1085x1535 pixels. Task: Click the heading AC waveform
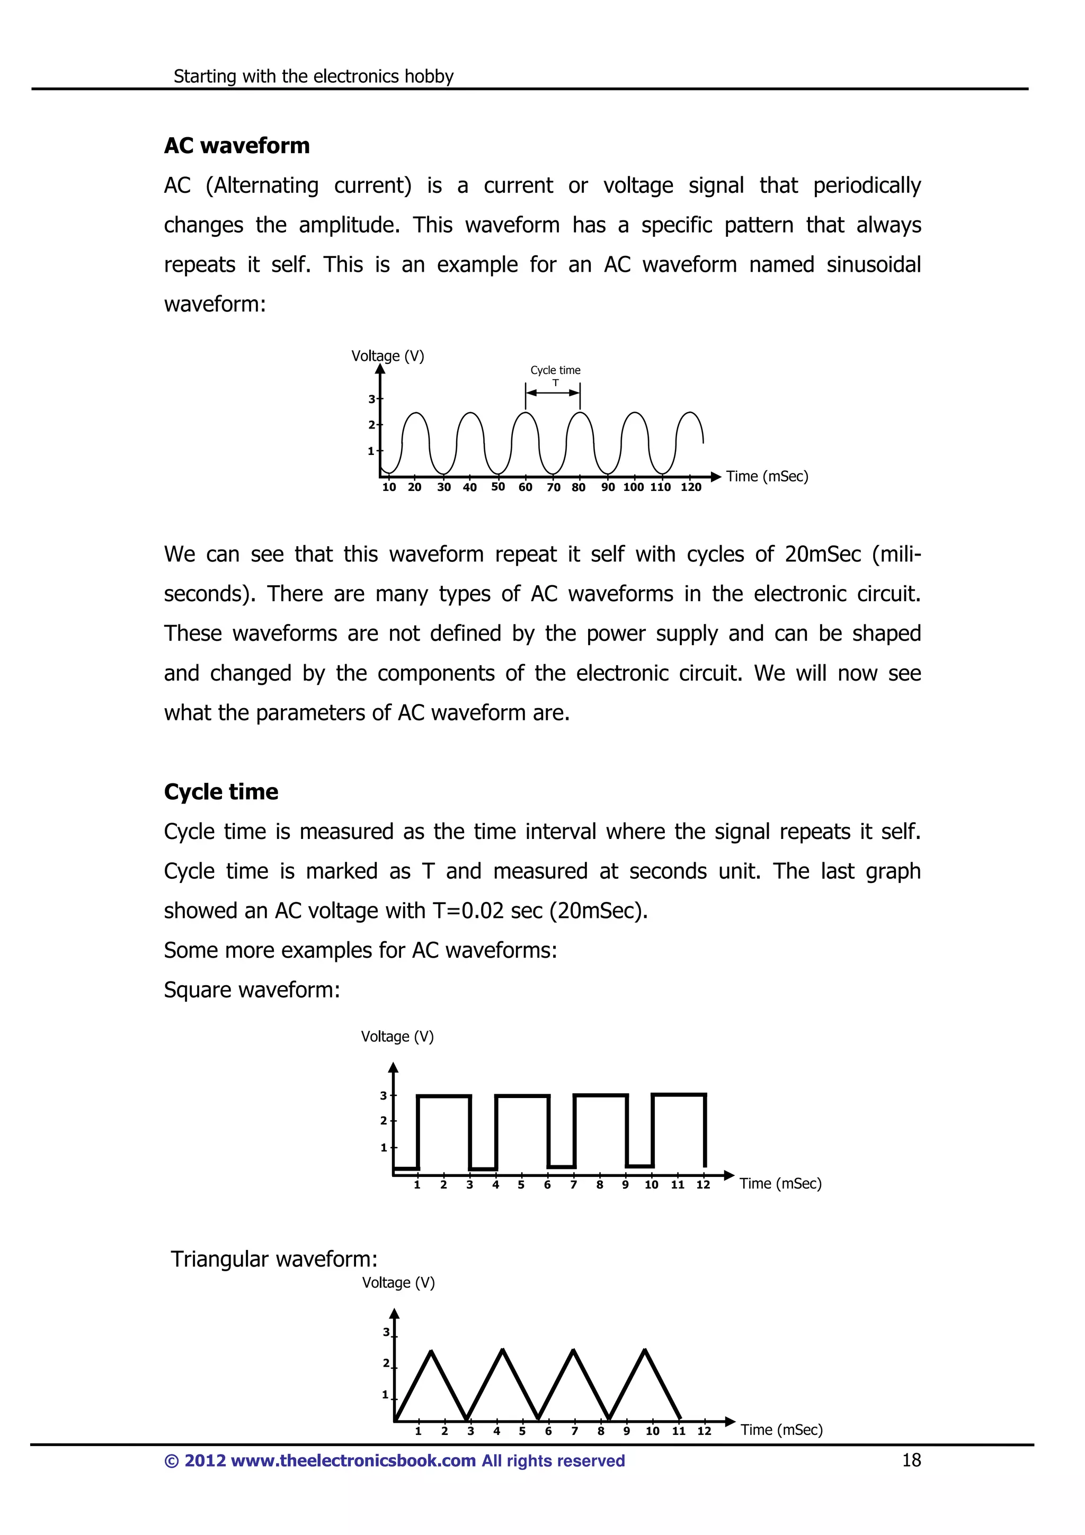237,146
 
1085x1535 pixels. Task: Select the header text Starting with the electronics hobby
313,76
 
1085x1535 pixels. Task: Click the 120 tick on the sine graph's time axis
691,487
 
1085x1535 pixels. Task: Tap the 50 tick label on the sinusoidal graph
498,487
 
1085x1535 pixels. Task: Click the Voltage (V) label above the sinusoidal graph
388,355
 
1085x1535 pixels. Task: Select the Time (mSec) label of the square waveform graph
780,1183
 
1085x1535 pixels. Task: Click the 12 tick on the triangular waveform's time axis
704,1431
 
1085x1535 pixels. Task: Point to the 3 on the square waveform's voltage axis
384,1095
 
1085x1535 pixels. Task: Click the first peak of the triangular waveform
432,1351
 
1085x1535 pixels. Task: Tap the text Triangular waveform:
274,1259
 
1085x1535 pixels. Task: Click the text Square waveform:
252,989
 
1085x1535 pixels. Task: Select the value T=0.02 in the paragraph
468,911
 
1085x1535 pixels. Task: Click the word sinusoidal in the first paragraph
873,265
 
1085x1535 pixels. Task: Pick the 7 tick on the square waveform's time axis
573,1185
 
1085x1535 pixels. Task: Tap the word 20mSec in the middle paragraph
822,554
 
